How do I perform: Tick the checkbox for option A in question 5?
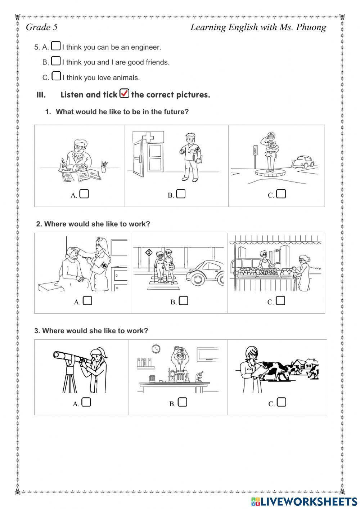[x=55, y=46]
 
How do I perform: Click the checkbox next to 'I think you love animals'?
[x=56, y=76]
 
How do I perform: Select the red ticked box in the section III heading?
[x=124, y=93]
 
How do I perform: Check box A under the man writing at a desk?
[x=84, y=194]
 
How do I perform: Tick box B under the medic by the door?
[x=181, y=194]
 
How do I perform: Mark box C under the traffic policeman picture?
[x=281, y=194]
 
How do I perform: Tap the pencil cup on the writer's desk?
[x=104, y=167]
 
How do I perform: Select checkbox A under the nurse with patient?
[x=87, y=301]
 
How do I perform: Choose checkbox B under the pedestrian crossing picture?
[x=184, y=301]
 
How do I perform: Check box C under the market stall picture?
[x=280, y=301]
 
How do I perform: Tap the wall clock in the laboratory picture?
[x=156, y=349]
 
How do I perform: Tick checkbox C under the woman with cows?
[x=282, y=402]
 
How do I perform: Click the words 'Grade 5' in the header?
[x=42, y=27]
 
